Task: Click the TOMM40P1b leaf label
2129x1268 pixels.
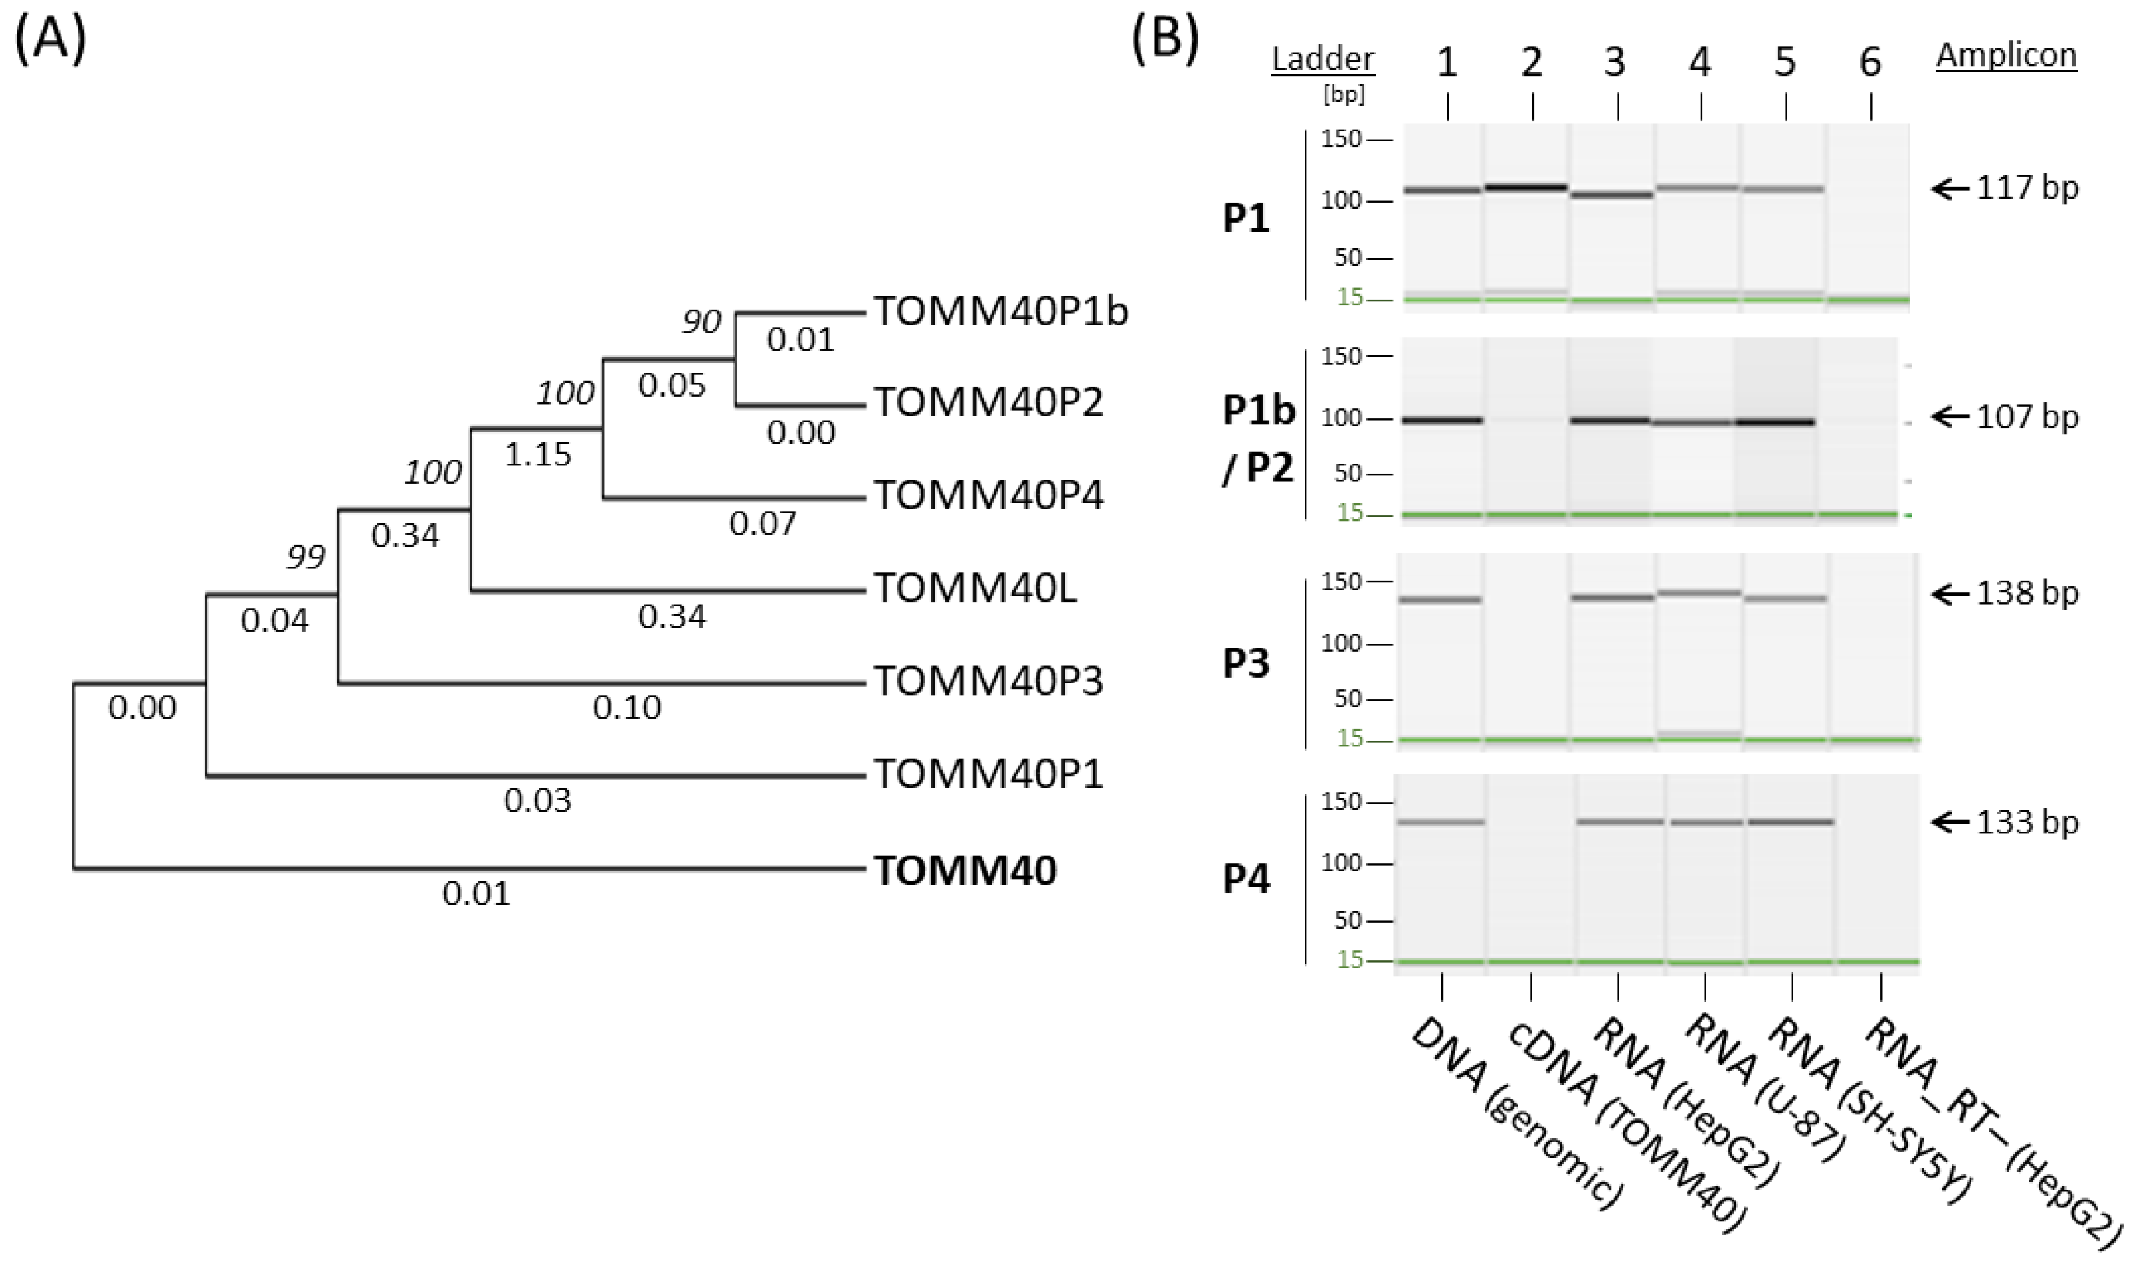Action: point(1000,312)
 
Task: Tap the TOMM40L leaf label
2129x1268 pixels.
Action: point(974,588)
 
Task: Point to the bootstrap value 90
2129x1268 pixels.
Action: point(701,321)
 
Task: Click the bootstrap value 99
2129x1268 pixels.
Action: point(305,557)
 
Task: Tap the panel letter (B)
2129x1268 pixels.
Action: point(1165,41)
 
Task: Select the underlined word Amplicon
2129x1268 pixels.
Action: point(2006,55)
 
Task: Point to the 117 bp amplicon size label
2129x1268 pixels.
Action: point(2026,188)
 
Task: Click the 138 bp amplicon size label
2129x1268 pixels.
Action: point(2026,593)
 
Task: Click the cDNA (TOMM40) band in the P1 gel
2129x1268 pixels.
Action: point(1526,187)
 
